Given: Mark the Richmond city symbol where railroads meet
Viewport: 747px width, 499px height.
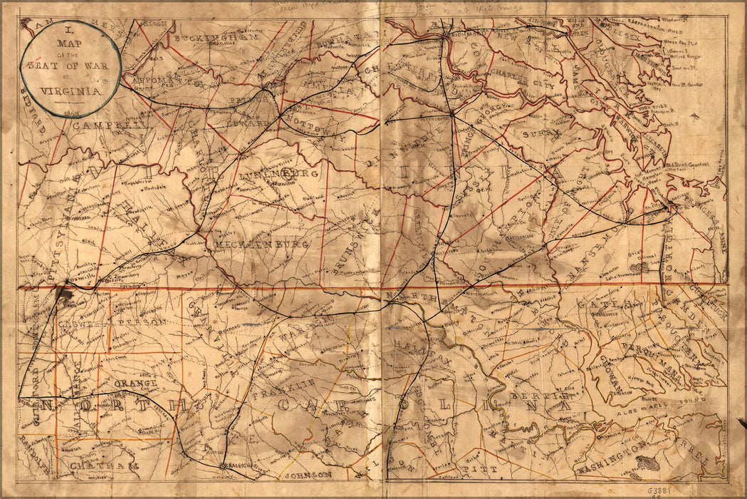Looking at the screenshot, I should click(x=444, y=34).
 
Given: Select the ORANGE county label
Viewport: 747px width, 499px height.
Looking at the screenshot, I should click(x=135, y=384).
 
